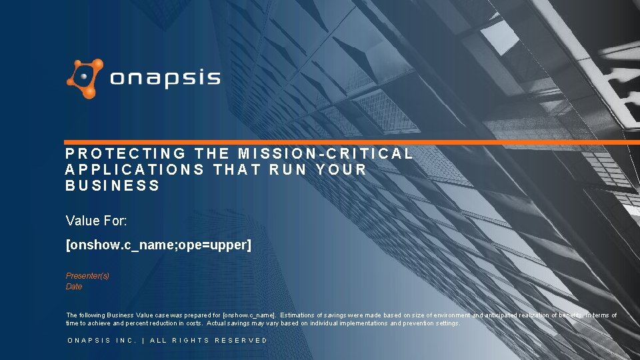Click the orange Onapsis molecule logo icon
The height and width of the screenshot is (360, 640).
tap(85, 79)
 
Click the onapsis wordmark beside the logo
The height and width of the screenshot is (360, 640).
tap(165, 79)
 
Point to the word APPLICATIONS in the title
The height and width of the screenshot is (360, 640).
tap(135, 169)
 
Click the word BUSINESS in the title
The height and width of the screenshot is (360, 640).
tap(113, 185)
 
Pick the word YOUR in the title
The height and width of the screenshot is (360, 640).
tap(342, 169)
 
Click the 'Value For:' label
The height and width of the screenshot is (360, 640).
tap(97, 220)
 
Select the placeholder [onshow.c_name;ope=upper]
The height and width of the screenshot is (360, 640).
tap(159, 245)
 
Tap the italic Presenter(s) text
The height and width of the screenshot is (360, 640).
tap(87, 276)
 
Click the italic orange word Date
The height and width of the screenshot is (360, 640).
tap(74, 287)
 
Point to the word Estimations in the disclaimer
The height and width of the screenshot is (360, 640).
tap(300, 315)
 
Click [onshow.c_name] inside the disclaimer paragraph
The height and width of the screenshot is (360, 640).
tap(249, 315)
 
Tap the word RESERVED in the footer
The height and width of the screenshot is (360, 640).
tap(241, 341)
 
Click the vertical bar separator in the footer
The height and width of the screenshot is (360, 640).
tap(143, 341)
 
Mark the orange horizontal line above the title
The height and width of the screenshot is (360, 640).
tap(347, 142)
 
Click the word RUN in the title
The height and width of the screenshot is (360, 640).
tap(285, 169)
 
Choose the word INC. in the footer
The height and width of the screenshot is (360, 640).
tap(127, 341)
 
